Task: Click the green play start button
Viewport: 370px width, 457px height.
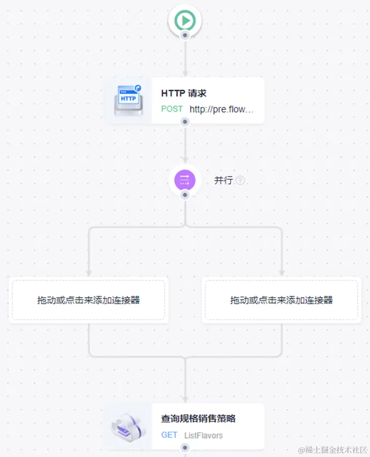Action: (x=185, y=21)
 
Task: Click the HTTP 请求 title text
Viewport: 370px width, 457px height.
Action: (x=183, y=93)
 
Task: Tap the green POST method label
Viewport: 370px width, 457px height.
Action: (x=172, y=109)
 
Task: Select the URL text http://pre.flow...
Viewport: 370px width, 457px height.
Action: (x=221, y=109)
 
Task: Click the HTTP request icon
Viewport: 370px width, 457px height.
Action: (x=129, y=100)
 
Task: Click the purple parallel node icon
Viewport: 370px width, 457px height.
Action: (x=185, y=179)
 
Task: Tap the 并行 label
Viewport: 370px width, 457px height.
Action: (x=223, y=180)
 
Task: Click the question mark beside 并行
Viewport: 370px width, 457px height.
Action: (x=240, y=180)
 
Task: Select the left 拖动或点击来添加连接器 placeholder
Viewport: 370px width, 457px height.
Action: (x=89, y=300)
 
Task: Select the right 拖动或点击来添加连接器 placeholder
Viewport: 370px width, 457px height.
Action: (x=281, y=300)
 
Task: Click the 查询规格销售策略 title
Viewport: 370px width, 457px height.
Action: (x=198, y=419)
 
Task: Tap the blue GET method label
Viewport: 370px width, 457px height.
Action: (x=169, y=435)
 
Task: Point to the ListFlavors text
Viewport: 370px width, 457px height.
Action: (x=203, y=435)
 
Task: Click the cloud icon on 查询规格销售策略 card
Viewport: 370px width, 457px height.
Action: (x=129, y=426)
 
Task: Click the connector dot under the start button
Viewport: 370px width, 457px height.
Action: (x=185, y=35)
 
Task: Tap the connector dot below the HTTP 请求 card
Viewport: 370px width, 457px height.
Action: (x=185, y=122)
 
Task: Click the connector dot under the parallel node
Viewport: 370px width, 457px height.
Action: (x=185, y=195)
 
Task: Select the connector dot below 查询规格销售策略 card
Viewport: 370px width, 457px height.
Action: (x=185, y=448)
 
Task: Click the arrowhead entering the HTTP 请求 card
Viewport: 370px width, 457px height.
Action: (x=185, y=74)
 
